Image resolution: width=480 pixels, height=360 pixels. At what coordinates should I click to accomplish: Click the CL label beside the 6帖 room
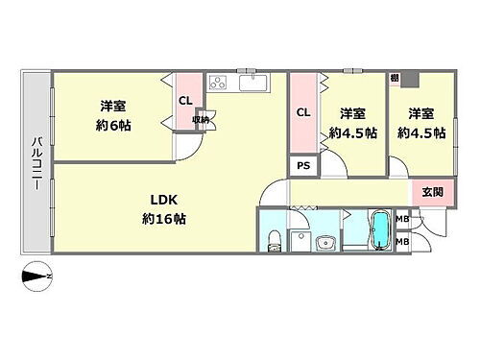point(184,100)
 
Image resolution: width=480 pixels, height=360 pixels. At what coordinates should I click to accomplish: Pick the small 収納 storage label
point(203,120)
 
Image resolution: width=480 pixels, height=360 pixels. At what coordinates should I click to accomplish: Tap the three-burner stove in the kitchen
point(217,83)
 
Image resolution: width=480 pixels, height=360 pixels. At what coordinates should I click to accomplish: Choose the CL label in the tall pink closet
point(303,113)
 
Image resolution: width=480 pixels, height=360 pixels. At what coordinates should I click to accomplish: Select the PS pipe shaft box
point(303,165)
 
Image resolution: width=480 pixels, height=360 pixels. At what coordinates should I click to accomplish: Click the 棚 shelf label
point(395,77)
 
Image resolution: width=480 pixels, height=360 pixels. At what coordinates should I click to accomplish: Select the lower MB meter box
point(402,241)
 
